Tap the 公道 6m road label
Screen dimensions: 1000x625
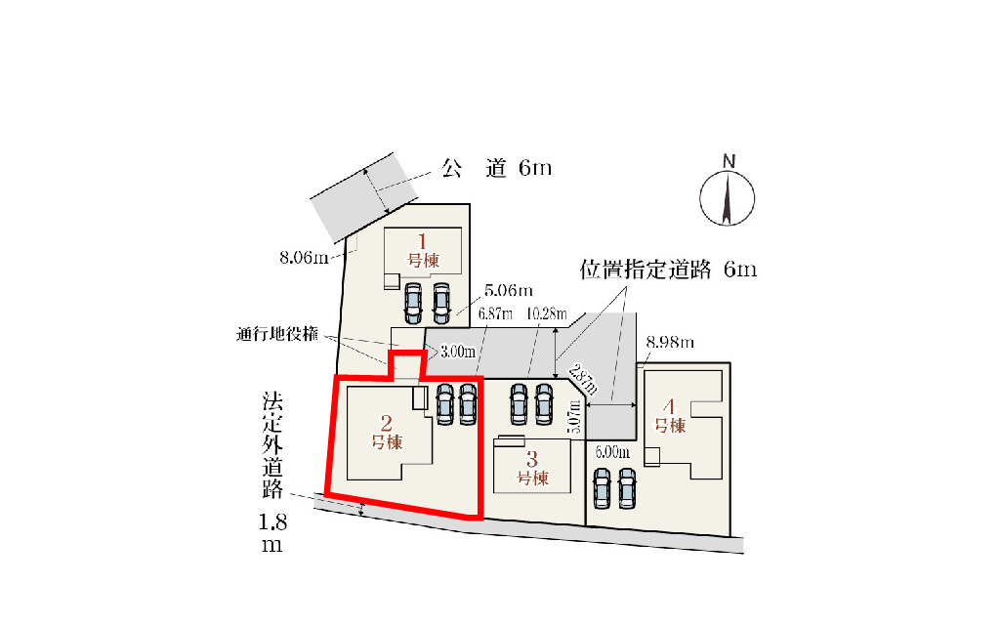[496, 168]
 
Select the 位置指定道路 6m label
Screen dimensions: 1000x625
[668, 270]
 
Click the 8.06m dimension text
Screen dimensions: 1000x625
[305, 258]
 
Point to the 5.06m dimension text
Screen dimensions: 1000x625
[508, 291]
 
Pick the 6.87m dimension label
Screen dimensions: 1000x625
[495, 313]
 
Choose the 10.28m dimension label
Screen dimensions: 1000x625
[547, 313]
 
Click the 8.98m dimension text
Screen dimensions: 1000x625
[670, 343]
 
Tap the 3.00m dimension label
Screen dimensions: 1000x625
[458, 352]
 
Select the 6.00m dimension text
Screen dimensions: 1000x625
[612, 452]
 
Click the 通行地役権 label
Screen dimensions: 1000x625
[276, 334]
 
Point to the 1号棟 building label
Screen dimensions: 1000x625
[423, 252]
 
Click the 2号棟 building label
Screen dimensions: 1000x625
[387, 433]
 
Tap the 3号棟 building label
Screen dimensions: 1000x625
[532, 469]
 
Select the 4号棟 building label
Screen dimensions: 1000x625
[670, 416]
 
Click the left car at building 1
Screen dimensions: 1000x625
[413, 303]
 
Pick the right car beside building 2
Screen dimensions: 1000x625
[468, 403]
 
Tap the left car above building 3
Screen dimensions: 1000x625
[520, 403]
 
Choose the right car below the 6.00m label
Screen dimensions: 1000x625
[627, 488]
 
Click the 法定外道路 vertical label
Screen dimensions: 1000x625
[272, 446]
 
